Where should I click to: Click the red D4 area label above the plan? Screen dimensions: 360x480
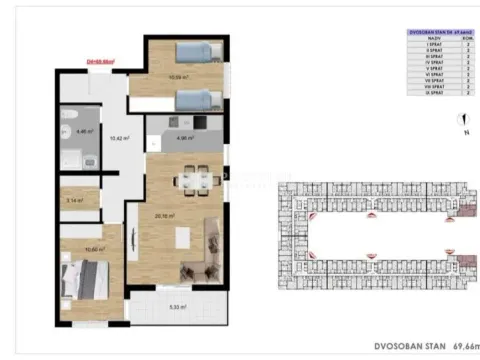coord(101,61)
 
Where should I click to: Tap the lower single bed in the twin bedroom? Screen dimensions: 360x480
coord(194,97)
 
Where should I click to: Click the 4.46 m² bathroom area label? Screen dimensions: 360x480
coord(86,131)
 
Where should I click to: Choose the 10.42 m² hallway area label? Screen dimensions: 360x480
coord(116,139)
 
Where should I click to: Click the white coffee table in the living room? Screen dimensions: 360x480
coord(183,239)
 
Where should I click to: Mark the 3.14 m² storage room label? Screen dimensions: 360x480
coord(73,201)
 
